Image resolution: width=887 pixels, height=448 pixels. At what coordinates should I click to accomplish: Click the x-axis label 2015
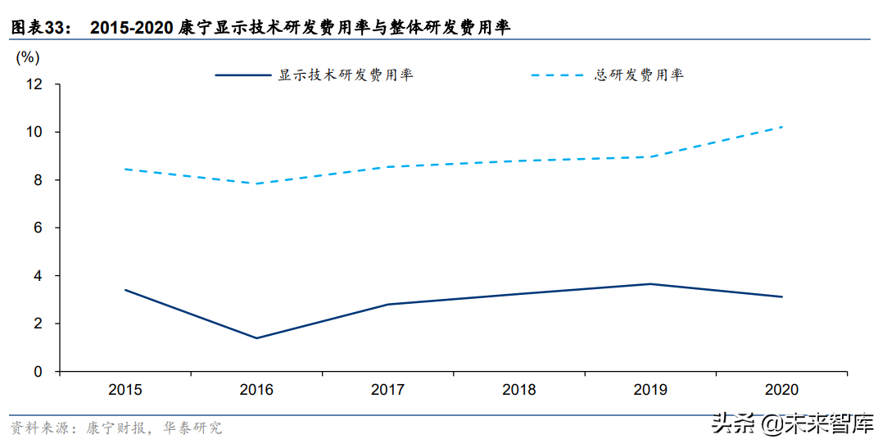[125, 390]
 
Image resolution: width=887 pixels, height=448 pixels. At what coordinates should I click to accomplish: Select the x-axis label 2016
[256, 390]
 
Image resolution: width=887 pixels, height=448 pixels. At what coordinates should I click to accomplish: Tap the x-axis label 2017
[388, 390]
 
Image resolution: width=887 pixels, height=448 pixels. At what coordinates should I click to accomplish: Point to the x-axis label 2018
[519, 390]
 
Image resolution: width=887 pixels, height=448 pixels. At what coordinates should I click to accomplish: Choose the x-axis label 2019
[651, 390]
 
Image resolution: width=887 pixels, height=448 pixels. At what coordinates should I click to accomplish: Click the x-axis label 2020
[782, 390]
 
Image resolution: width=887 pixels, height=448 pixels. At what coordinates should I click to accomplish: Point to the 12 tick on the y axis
[34, 84]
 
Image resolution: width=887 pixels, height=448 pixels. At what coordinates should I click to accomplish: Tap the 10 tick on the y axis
[34, 132]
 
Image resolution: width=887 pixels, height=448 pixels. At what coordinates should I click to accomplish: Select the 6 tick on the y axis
[38, 228]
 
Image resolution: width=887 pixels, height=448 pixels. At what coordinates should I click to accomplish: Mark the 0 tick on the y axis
[38, 372]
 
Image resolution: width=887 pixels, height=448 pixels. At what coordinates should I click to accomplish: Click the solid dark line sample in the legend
[243, 75]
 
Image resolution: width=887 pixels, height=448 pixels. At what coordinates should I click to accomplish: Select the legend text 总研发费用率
[639, 75]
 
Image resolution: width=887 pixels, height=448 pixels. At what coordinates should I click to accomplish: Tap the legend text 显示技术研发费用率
[346, 75]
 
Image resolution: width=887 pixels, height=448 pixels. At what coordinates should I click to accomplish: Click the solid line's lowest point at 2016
[256, 338]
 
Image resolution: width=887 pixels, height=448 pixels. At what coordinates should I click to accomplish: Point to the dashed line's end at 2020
[782, 127]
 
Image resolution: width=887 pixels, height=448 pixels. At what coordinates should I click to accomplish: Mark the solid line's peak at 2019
[651, 284]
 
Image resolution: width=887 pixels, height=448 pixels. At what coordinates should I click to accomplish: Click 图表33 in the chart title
[38, 28]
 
